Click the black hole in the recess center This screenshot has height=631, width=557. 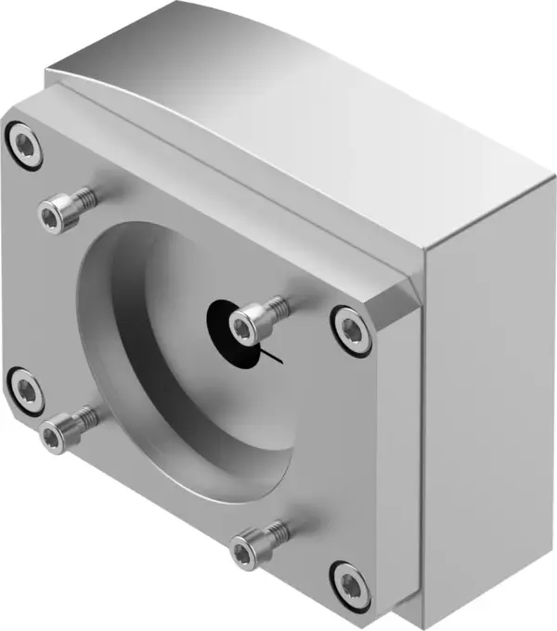coord(221,321)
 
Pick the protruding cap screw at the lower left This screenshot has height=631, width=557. coord(58,433)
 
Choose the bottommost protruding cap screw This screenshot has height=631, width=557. coord(248,549)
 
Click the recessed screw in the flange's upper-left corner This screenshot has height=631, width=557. coord(24,146)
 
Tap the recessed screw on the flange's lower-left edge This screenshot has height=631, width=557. coord(24,389)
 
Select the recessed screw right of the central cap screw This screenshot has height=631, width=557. coord(353,329)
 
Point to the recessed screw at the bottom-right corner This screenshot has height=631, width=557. coord(352,584)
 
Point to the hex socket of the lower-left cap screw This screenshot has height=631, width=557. coord(54,436)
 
